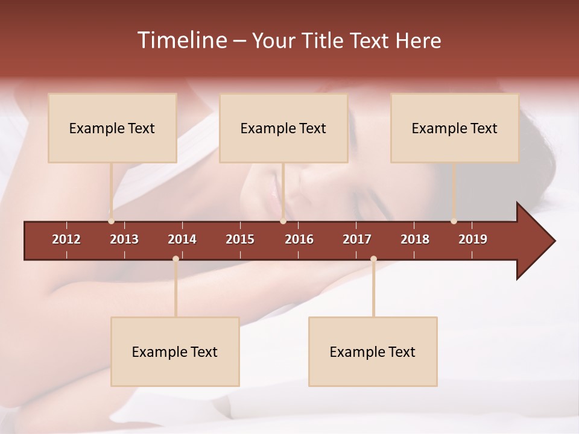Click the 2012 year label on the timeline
[x=66, y=239]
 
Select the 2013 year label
[x=124, y=239]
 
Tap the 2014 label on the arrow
[x=182, y=239]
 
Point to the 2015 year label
[x=240, y=239]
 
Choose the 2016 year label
[x=299, y=239]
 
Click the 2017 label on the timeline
[x=357, y=239]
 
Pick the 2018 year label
[x=415, y=239]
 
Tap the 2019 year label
[x=473, y=239]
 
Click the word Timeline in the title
[x=182, y=40]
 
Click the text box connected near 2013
[x=112, y=128]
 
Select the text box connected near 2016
[x=283, y=128]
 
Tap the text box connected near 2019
[x=455, y=128]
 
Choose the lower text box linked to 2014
[x=175, y=351]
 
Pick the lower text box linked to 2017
[x=373, y=351]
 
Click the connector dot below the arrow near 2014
[x=176, y=259]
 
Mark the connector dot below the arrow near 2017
[x=373, y=259]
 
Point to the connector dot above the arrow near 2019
[x=454, y=221]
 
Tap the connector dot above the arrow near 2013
[x=111, y=221]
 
